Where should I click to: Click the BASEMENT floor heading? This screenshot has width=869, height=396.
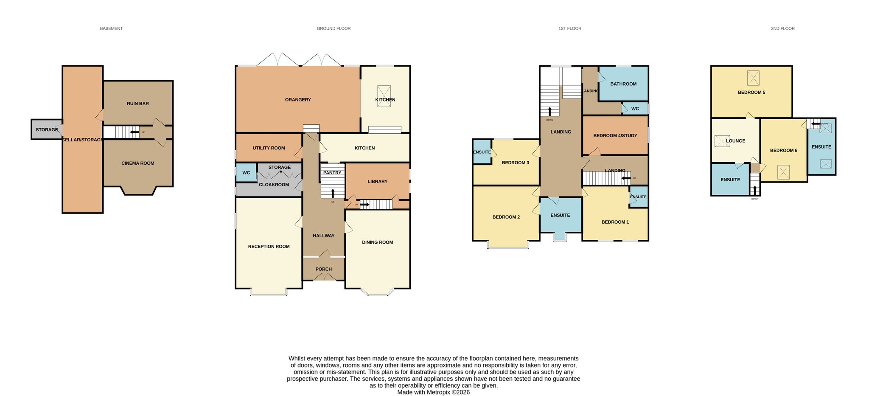(111, 28)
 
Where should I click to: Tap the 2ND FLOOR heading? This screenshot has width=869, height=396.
(783, 28)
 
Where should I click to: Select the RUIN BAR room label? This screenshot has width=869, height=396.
(138, 104)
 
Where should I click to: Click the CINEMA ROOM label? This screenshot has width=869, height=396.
(138, 163)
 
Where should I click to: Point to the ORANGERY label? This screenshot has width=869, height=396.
(298, 100)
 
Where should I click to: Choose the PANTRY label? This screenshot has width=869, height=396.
(332, 173)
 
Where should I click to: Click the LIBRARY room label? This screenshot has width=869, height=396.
(378, 181)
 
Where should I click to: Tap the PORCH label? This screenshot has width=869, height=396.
(324, 269)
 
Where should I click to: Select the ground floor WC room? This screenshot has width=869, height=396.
(246, 173)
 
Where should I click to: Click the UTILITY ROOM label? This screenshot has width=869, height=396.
(269, 148)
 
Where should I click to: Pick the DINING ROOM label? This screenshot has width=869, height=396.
(378, 242)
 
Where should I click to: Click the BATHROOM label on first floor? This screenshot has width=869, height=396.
(623, 84)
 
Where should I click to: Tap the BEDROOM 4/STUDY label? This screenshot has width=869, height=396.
(615, 136)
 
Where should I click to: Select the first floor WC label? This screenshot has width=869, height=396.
(635, 109)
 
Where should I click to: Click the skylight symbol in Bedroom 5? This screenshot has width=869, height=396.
(753, 78)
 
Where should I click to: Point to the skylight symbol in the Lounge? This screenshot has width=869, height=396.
(722, 141)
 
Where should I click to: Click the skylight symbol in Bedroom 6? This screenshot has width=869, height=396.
(784, 172)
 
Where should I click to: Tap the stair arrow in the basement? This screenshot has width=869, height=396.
(135, 132)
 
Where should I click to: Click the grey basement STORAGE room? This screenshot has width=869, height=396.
(47, 129)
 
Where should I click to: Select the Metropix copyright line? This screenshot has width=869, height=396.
(433, 393)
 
